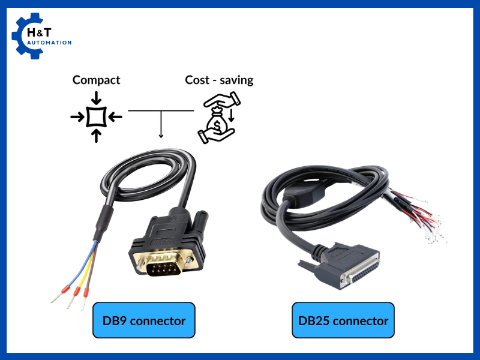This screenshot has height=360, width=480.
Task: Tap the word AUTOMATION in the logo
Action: [x=50, y=43]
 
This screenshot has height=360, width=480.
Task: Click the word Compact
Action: [x=96, y=80]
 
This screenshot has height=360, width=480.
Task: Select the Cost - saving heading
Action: [x=219, y=80]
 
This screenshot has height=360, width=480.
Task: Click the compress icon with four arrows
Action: [x=96, y=116]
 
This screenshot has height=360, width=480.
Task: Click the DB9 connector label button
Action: [x=144, y=320]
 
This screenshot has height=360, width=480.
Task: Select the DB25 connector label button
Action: [x=343, y=320]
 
